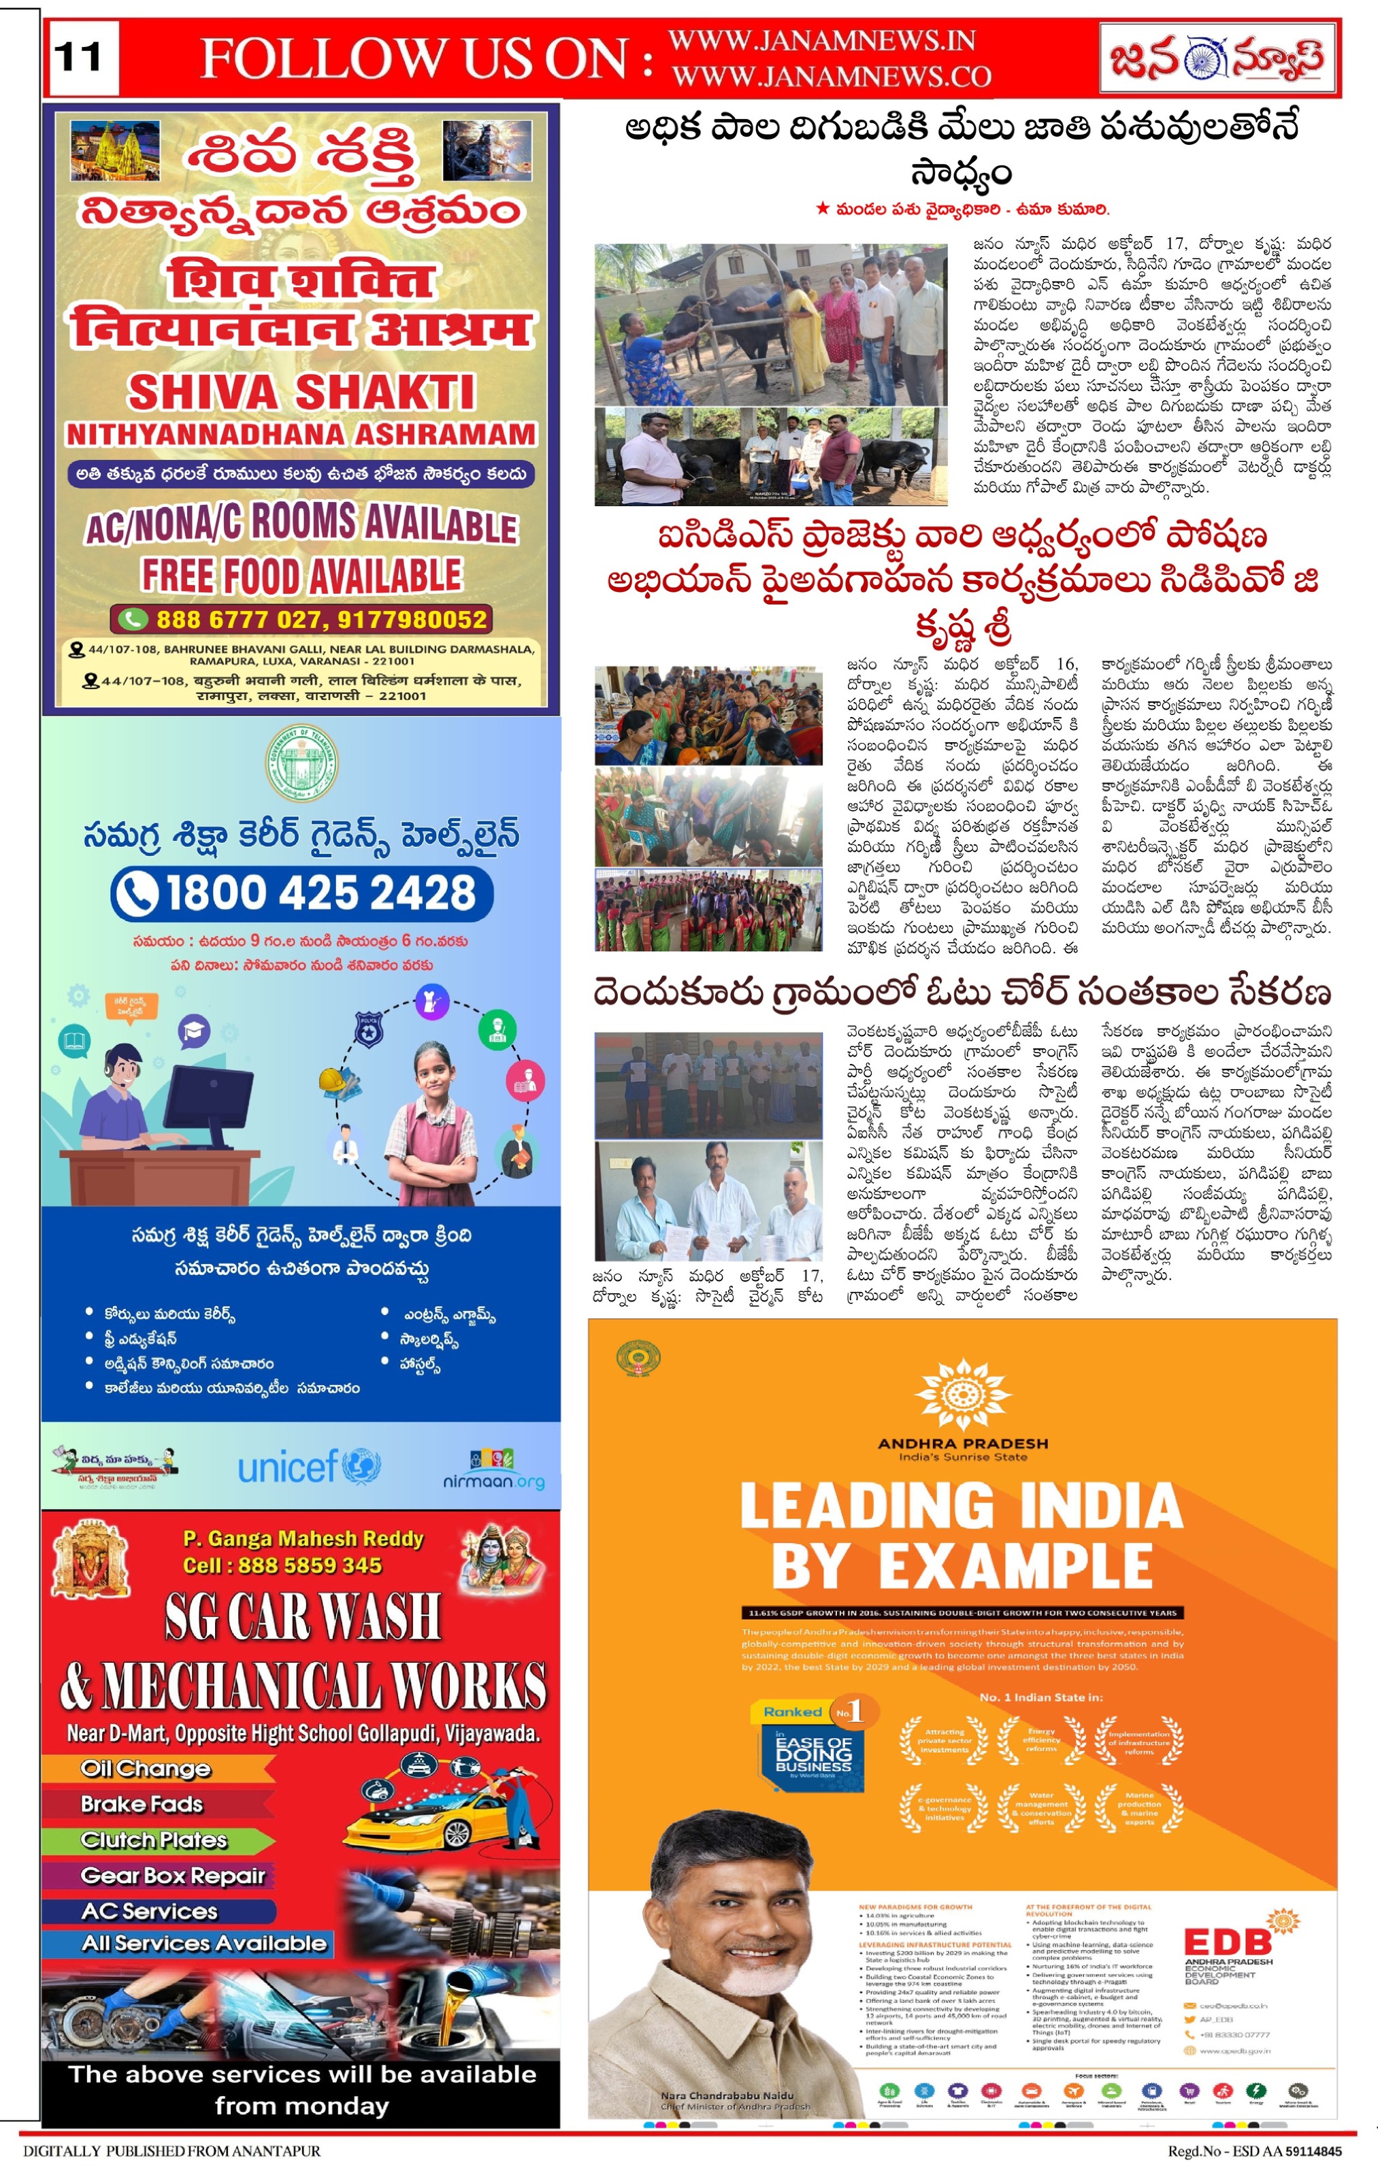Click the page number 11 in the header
(80, 59)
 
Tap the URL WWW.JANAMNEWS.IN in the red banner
(821, 41)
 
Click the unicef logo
(308, 1465)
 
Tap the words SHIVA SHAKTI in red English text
(301, 393)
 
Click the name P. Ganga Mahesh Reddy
(303, 1538)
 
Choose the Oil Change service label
(146, 1768)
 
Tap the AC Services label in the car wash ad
(149, 1911)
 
